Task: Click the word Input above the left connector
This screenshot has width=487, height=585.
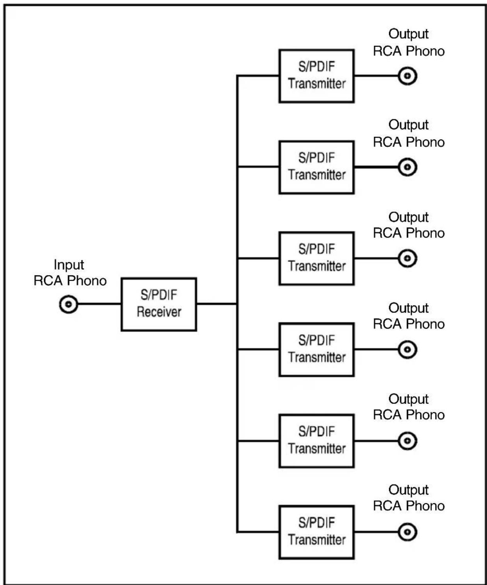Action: coord(69,265)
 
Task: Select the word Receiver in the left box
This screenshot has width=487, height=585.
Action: coord(159,312)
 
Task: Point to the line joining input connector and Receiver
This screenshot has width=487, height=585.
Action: coord(100,304)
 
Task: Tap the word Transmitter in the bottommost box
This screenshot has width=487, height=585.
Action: coord(317,540)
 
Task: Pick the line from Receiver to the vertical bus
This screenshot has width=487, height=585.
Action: coord(217,304)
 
